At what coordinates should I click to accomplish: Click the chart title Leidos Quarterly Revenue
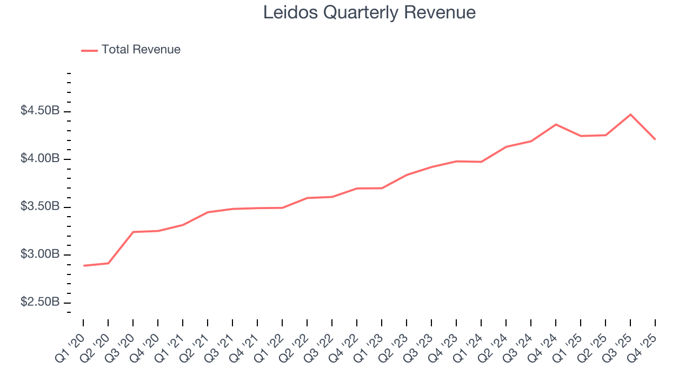coord(369,12)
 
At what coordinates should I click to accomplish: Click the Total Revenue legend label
coord(141,50)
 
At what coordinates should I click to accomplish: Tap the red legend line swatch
coord(89,50)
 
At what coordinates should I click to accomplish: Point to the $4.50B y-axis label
coord(40,111)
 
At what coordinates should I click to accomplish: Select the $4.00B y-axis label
coord(40,159)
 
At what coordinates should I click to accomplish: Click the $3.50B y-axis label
coord(40,206)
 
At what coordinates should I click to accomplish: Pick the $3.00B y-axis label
coord(40,254)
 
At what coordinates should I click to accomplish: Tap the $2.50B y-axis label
coord(40,301)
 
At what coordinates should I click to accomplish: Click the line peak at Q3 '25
coord(630,115)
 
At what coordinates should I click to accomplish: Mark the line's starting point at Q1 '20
coord(84,265)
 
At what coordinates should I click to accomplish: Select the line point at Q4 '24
coord(556,124)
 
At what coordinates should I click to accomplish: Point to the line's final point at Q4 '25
coord(655,139)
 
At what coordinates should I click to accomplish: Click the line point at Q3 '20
coord(134,232)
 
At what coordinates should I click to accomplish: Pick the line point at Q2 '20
coord(109,263)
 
